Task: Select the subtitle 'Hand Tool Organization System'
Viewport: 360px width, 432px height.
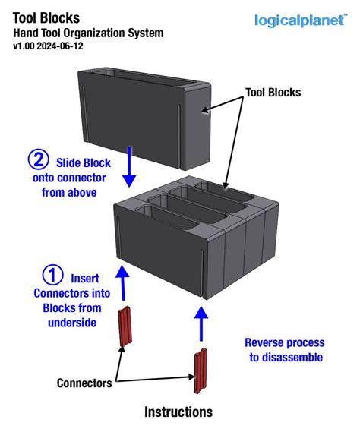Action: [x=87, y=33]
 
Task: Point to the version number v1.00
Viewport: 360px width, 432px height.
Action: [x=26, y=46]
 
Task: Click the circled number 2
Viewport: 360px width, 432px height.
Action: [x=37, y=160]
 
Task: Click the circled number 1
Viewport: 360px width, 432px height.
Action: [x=52, y=276]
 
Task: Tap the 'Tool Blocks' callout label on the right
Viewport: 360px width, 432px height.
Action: [x=273, y=93]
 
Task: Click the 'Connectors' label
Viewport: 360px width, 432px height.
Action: [x=84, y=383]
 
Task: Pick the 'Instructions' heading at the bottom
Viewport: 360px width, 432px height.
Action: [x=178, y=412]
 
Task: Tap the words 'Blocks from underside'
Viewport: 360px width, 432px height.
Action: [x=71, y=315]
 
